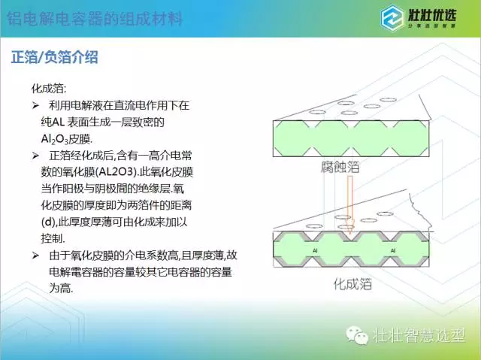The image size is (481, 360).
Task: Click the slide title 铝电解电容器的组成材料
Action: pyautogui.click(x=95, y=18)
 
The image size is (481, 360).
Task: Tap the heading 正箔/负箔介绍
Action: pyautogui.click(x=55, y=57)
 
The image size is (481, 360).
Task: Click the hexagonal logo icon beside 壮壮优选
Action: pyautogui.click(x=392, y=18)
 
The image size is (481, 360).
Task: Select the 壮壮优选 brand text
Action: pyautogui.click(x=431, y=15)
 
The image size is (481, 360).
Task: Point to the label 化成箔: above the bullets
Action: pyautogui.click(x=49, y=89)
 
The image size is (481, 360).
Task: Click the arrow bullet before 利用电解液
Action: pyautogui.click(x=35, y=105)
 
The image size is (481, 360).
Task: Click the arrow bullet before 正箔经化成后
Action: pyautogui.click(x=35, y=156)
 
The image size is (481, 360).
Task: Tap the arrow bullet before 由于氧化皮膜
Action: pyautogui.click(x=35, y=255)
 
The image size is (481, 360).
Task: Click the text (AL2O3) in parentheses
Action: pyautogui.click(x=116, y=172)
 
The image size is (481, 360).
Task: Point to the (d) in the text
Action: pyautogui.click(x=48, y=222)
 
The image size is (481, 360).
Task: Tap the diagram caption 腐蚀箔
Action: pyautogui.click(x=340, y=167)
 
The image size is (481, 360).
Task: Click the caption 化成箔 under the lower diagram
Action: pyautogui.click(x=352, y=284)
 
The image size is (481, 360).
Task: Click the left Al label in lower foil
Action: pyautogui.click(x=315, y=250)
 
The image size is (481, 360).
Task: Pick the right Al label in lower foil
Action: pyautogui.click(x=392, y=250)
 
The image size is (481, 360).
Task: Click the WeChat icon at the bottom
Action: pyautogui.click(x=357, y=334)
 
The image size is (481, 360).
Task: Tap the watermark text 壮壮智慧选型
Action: pyautogui.click(x=419, y=335)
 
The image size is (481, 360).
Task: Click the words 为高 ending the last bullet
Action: pyautogui.click(x=61, y=288)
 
